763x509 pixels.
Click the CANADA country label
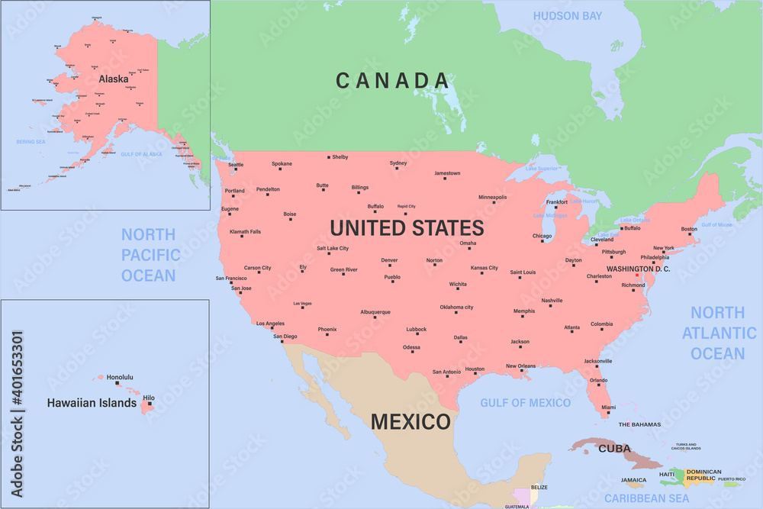392,80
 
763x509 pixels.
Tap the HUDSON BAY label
567,16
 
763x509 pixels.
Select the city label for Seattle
236,165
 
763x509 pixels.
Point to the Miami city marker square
608,413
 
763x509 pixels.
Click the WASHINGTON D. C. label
638,269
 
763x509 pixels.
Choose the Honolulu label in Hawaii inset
120,377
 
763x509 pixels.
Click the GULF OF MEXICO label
525,402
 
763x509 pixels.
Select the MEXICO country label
410,421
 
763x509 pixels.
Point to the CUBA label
614,448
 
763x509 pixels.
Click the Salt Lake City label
333,248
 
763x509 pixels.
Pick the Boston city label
689,229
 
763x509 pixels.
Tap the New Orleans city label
521,366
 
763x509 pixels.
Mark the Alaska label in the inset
114,78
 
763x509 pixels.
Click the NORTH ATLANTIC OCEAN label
718,333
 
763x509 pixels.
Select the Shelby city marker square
329,157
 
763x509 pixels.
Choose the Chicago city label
542,236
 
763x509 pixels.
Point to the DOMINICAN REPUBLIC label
703,475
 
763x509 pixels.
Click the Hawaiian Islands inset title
92,402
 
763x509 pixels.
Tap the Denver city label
389,260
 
